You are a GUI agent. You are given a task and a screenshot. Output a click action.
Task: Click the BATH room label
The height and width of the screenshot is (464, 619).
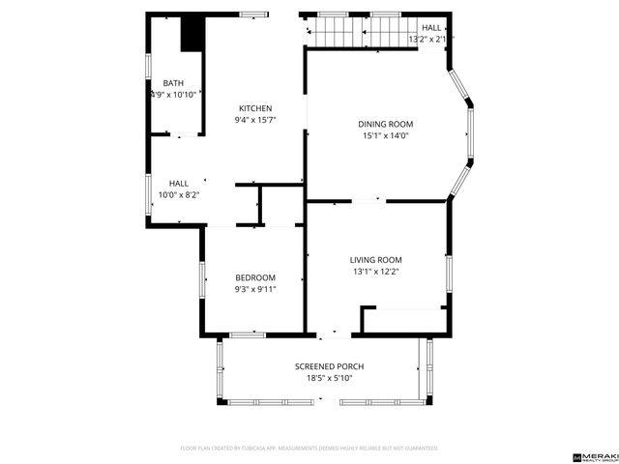coord(173,83)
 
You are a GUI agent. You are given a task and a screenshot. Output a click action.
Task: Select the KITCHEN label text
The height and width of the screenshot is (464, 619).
coord(255,108)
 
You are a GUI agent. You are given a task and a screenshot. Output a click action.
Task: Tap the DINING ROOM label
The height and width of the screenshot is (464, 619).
coord(385,124)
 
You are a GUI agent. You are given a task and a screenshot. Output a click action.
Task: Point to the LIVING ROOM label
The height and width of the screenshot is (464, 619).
coord(375,260)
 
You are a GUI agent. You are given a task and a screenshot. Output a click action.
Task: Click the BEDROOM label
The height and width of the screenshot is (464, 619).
coord(255,277)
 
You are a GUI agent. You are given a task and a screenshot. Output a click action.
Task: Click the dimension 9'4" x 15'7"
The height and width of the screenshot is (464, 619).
coord(255,121)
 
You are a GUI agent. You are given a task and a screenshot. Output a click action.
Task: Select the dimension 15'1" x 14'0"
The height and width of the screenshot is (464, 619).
coord(385,136)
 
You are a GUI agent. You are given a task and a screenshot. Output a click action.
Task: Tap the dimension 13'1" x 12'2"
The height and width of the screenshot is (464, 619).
coord(375,272)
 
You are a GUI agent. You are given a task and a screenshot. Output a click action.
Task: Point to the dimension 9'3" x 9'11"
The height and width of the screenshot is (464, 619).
coord(255,289)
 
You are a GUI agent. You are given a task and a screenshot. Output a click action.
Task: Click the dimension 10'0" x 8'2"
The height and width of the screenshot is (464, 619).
coord(179,195)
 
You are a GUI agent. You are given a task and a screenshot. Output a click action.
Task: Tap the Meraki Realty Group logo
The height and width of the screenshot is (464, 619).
coord(594,454)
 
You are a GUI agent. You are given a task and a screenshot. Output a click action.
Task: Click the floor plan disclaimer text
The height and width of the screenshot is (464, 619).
coord(309,449)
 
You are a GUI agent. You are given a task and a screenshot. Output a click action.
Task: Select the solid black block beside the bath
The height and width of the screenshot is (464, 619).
coord(193,33)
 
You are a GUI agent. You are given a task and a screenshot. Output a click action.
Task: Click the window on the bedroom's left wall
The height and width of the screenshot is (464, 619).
coord(201,281)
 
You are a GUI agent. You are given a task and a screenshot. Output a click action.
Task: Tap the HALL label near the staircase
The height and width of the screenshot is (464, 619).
coord(431,28)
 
